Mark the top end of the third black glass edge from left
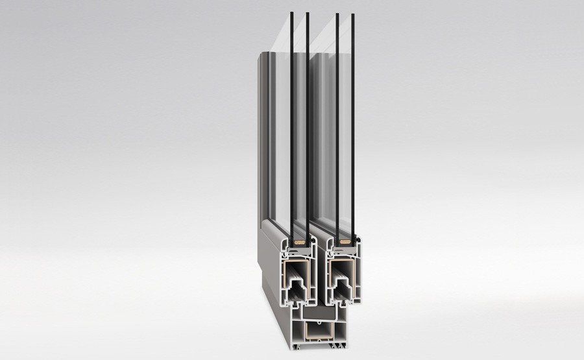coord(337,14)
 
